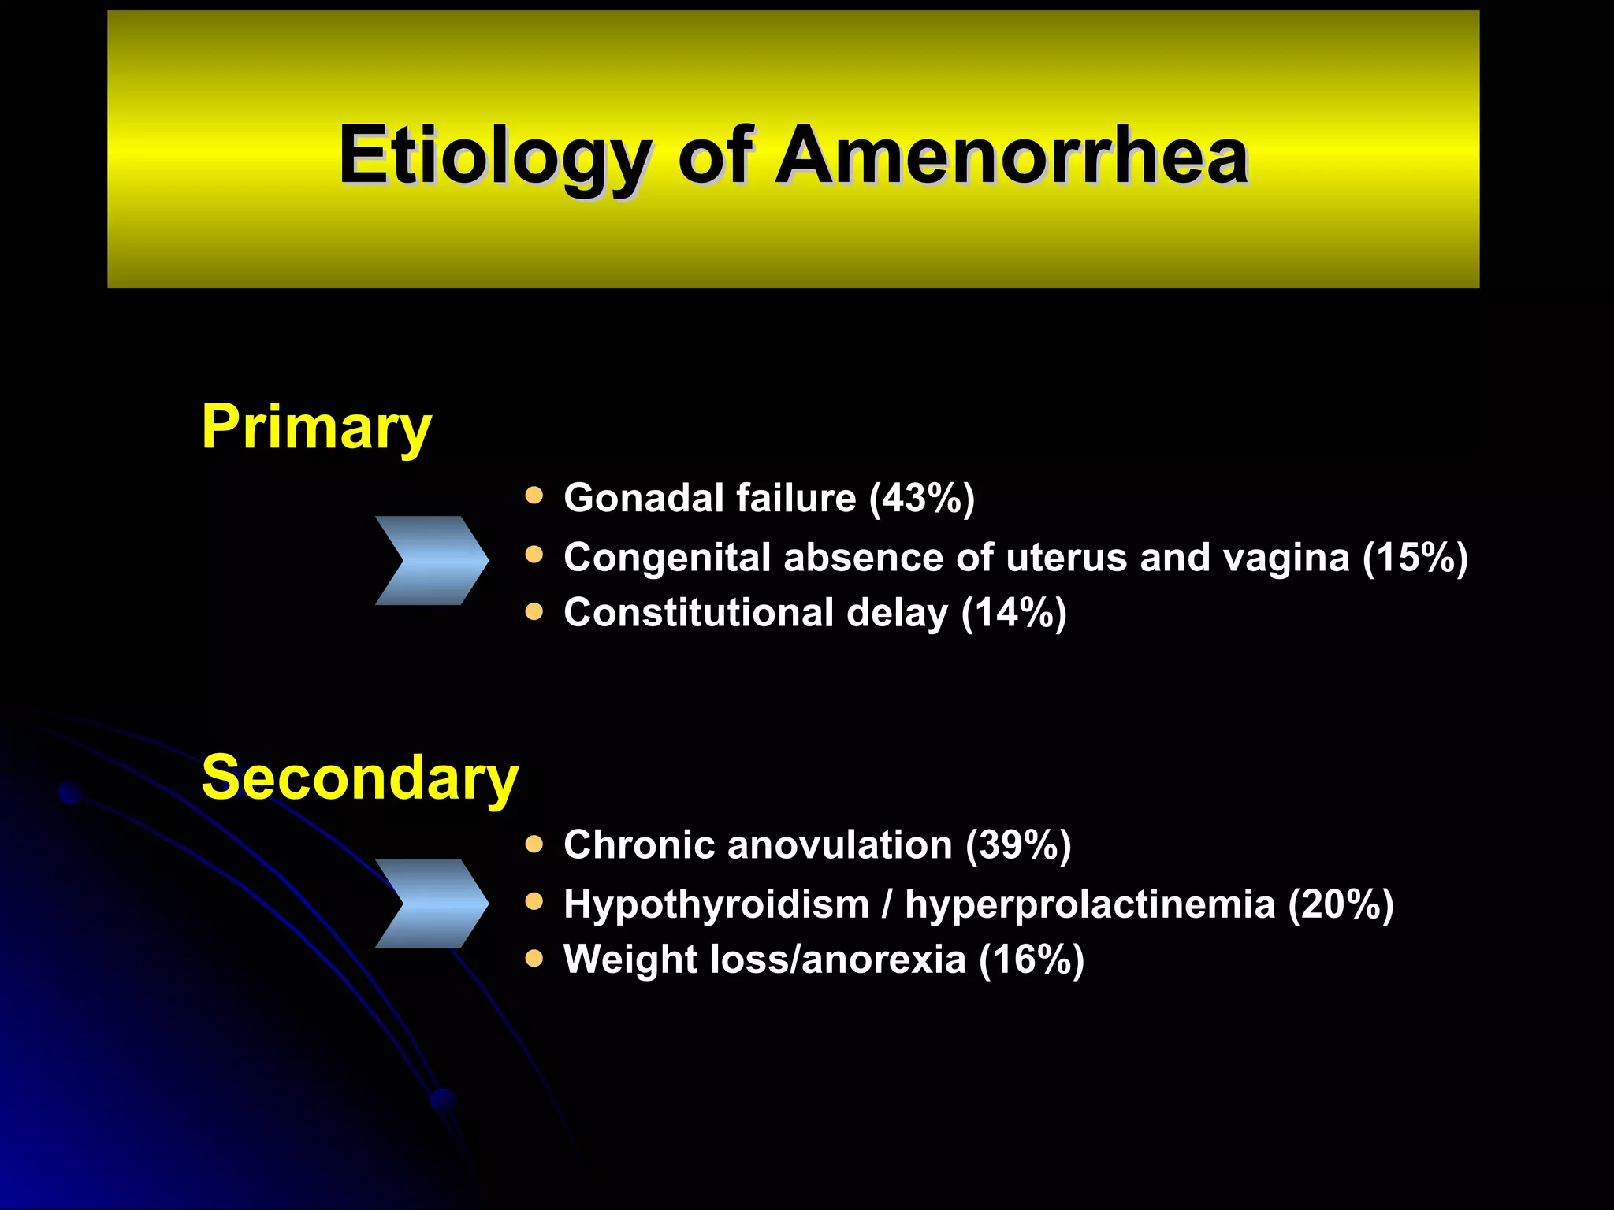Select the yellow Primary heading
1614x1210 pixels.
pos(316,426)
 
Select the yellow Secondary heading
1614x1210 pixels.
pos(359,778)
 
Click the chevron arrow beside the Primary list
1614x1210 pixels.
pos(431,560)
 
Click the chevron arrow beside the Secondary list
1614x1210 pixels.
pos(431,903)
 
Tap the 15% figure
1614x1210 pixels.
pos(1415,558)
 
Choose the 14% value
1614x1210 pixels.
pos(1013,613)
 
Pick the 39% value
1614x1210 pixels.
pos(1018,845)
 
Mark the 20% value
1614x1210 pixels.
pos(1341,904)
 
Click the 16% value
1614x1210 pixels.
pos(1032,959)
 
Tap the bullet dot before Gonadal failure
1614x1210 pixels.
pos(534,496)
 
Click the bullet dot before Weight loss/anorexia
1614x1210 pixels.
pos(534,958)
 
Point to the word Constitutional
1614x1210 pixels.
pos(698,613)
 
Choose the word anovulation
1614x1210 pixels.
pos(839,845)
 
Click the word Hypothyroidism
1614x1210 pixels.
pos(716,904)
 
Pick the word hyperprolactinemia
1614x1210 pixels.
pos(1090,904)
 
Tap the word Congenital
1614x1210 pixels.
pos(667,558)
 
